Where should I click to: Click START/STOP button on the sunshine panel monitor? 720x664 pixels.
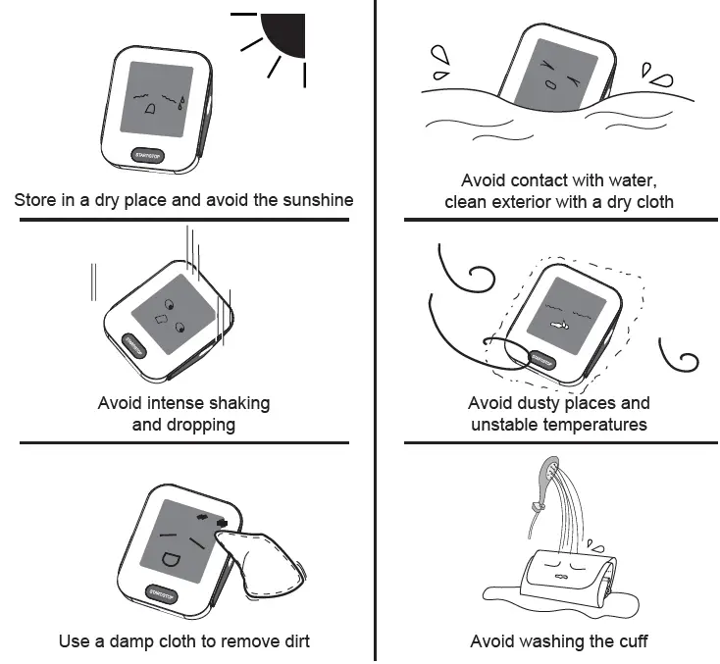[x=150, y=154]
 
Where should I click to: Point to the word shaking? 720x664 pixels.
[x=236, y=403]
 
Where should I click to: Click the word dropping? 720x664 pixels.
[x=184, y=425]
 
